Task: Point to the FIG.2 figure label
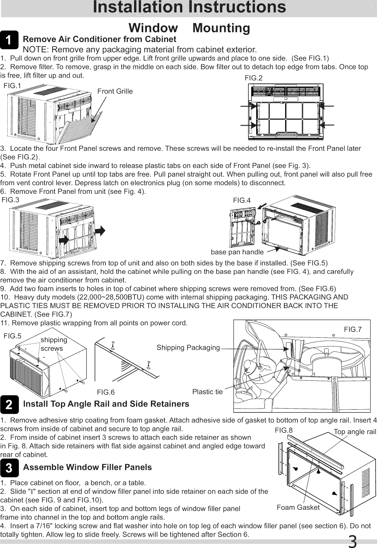pyautogui.click(x=253, y=78)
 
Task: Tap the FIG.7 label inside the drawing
pyautogui.click(x=353, y=330)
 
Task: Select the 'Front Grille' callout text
pyautogui.click(x=115, y=91)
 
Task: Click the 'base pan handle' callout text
pyautogui.click(x=237, y=252)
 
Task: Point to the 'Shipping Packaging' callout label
pyautogui.click(x=188, y=348)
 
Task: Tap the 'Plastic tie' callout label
pyautogui.click(x=207, y=392)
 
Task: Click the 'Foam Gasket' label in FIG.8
pyautogui.click(x=298, y=507)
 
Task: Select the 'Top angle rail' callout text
pyautogui.click(x=354, y=432)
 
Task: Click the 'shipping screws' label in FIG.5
pyautogui.click(x=53, y=344)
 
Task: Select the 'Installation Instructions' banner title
pyautogui.click(x=188, y=8)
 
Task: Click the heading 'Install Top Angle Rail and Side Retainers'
pyautogui.click(x=106, y=404)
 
